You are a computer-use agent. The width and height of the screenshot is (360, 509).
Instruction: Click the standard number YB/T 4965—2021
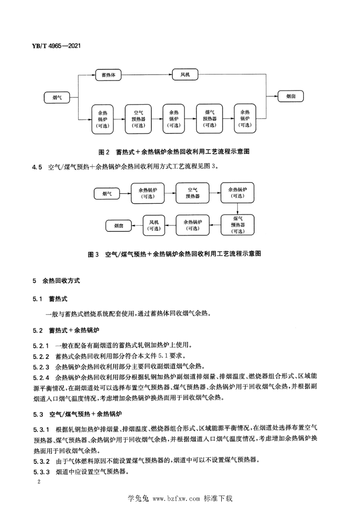click(x=56, y=46)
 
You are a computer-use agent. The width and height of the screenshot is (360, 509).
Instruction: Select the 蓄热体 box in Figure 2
click(x=108, y=75)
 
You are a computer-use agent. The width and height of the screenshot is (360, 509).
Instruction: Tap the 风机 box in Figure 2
click(x=185, y=75)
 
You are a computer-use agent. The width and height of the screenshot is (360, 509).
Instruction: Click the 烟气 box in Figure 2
click(x=57, y=97)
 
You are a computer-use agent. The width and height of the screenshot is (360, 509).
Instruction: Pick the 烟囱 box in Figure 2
click(x=290, y=96)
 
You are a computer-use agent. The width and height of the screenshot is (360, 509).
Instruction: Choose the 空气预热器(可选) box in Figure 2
click(x=138, y=119)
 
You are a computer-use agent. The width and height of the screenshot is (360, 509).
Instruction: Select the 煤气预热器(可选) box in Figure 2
click(x=210, y=119)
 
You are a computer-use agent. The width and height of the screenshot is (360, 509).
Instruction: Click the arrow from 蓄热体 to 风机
click(x=147, y=75)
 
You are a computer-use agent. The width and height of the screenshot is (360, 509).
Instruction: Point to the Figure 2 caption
click(x=174, y=152)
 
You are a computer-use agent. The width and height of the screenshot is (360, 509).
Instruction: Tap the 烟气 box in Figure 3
click(x=107, y=194)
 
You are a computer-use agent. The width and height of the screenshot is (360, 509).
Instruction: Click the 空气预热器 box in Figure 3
click(x=192, y=193)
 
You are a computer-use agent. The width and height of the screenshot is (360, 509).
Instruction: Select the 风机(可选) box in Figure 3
click(x=154, y=225)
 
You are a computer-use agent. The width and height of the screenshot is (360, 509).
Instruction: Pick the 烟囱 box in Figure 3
click(x=119, y=226)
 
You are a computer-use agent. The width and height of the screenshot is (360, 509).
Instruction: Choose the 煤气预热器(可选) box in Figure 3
click(x=237, y=225)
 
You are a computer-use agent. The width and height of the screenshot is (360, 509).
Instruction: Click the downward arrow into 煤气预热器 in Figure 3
click(x=237, y=209)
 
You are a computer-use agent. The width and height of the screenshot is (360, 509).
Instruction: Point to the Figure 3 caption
click(x=175, y=254)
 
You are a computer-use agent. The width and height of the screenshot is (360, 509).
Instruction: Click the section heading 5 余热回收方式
click(x=56, y=281)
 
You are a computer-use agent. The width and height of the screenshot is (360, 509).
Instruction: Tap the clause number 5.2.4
click(x=41, y=378)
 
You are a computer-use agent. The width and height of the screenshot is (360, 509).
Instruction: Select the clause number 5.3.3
click(x=41, y=472)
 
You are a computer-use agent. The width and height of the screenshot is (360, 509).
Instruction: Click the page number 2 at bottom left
click(x=39, y=481)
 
